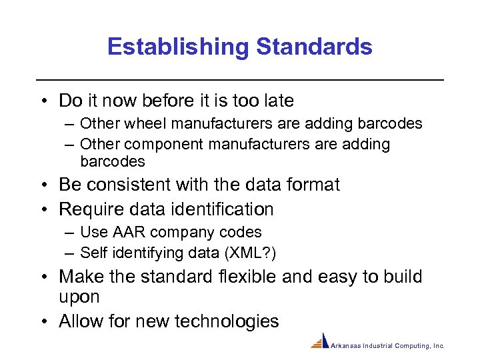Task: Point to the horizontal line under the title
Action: coord(240,80)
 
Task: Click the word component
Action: coord(161,144)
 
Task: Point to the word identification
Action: coord(222,209)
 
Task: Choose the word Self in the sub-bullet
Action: coord(93,253)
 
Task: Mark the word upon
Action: coord(79,297)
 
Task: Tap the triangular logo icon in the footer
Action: coord(321,341)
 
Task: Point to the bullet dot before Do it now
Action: coord(43,101)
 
